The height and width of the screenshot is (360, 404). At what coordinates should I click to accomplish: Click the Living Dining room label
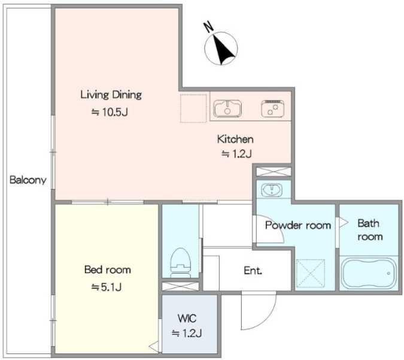(111, 95)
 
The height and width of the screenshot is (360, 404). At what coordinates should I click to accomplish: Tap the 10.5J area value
(110, 112)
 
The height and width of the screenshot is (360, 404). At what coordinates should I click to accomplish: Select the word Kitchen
(235, 139)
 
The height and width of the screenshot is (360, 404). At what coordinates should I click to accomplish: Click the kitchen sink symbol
(227, 108)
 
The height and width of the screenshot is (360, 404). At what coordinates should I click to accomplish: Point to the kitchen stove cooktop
(272, 108)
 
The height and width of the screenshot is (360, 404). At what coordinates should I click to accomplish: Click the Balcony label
(28, 180)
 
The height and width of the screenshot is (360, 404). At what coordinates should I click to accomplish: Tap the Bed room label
(108, 270)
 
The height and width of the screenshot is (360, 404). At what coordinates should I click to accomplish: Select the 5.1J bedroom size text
(107, 287)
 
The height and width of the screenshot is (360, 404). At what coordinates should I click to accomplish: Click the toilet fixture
(181, 262)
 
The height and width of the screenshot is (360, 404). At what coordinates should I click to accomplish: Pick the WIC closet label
(187, 318)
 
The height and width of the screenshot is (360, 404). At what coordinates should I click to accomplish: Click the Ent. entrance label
(253, 271)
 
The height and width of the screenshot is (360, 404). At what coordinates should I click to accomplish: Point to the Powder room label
(298, 225)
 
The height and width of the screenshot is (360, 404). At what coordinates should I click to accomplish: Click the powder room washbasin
(272, 190)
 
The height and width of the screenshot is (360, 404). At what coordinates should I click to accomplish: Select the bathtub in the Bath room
(369, 273)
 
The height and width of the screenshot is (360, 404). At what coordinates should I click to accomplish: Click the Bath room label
(370, 230)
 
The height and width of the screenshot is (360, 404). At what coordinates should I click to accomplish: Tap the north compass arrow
(223, 50)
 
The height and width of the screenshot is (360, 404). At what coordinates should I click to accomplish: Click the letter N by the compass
(209, 27)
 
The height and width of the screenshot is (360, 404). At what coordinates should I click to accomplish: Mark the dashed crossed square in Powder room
(311, 273)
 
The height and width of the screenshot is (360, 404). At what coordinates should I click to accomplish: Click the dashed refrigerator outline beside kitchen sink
(193, 108)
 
